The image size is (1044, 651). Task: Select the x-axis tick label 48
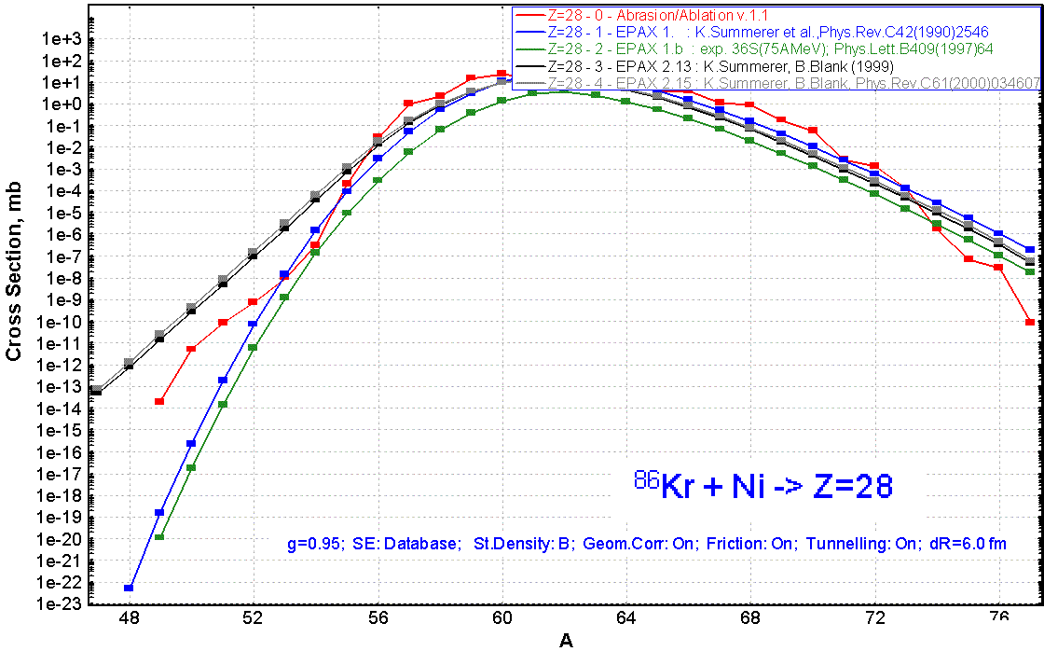(x=129, y=617)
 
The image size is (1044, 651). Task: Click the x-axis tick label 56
(x=378, y=617)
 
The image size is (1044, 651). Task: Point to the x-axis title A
(x=566, y=640)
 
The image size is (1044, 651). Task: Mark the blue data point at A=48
(x=129, y=588)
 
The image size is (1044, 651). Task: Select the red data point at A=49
(x=159, y=401)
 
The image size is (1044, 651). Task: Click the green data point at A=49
(x=159, y=536)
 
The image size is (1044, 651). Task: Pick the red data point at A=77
(x=1030, y=322)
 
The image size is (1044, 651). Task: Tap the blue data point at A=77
(x=1030, y=249)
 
